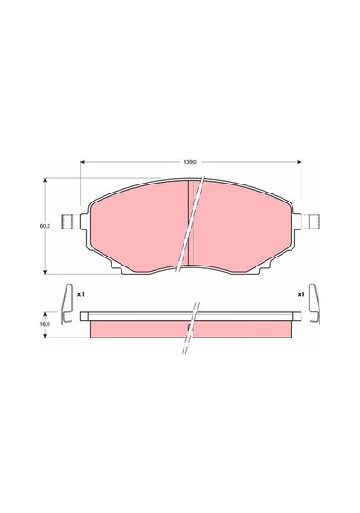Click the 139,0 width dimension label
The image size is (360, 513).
pos(191,162)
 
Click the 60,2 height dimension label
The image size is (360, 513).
pos(44,226)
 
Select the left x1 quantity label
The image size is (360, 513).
pos(81,294)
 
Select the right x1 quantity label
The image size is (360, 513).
pos(301,294)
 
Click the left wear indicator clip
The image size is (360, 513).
pos(67,303)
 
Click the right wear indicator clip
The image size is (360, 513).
pos(315,303)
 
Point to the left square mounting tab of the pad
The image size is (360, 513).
pos(67,221)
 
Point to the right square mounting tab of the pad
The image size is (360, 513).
pos(314,221)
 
